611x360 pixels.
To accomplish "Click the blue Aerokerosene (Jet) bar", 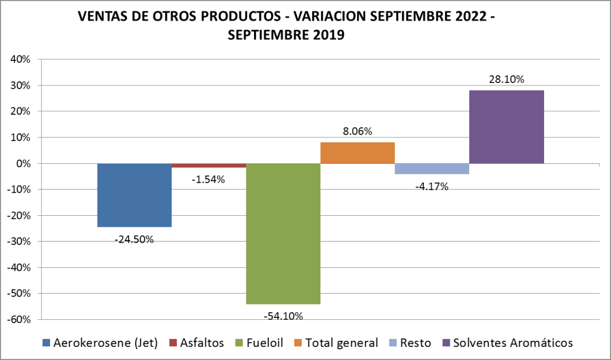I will click(x=135, y=195).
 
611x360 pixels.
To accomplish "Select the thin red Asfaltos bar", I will click(x=209, y=166).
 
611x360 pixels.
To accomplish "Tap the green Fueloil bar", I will click(x=283, y=233).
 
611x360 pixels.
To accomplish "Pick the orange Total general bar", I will click(x=358, y=152).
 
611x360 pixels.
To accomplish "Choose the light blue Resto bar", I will click(x=432, y=169).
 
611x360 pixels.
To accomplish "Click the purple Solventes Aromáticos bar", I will click(x=506, y=127).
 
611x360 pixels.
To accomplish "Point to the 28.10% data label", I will click(x=506, y=79).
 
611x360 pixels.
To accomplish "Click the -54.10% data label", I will click(x=283, y=316).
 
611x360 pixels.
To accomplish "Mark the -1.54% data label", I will click(x=208, y=179).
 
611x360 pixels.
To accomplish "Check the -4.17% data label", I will click(x=431, y=186).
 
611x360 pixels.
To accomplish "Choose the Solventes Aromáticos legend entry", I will click(x=512, y=343).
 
